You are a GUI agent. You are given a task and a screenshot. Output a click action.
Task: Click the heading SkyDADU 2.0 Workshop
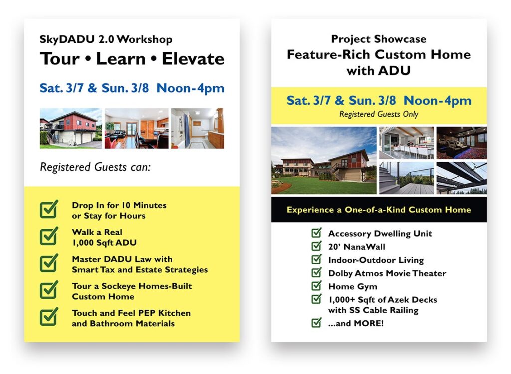coord(106,39)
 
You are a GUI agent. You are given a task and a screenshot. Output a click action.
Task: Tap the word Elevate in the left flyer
coord(193,59)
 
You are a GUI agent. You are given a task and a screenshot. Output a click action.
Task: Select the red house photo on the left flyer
coord(70,128)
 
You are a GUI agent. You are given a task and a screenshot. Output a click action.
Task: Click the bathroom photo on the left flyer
coord(197,128)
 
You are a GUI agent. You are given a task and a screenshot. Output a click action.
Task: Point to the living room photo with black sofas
coord(136,128)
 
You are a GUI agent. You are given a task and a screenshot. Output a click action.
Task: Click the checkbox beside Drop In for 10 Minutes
coord(49,209)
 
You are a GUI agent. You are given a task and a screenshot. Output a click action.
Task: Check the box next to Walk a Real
coord(49,236)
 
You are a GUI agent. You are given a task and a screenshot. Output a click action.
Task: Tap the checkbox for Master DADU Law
coord(49,263)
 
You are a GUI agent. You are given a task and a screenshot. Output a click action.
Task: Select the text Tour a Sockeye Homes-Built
coord(132,286)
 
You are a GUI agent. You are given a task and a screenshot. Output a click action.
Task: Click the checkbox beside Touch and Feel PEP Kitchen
coord(49,317)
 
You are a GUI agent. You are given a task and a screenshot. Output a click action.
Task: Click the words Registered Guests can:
coord(95,167)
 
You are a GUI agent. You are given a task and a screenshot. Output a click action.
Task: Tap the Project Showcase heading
coord(378,39)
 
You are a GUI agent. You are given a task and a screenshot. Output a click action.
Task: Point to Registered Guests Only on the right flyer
coord(378,114)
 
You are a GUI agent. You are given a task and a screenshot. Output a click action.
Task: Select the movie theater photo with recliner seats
coord(461,142)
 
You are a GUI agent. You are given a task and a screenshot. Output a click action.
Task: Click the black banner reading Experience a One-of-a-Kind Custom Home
coord(378,209)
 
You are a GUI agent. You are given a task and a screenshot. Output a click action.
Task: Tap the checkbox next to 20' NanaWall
coord(316,246)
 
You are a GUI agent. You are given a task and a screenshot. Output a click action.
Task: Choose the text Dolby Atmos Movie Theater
coord(387,273)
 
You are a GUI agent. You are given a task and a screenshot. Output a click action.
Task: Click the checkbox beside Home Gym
coord(316,286)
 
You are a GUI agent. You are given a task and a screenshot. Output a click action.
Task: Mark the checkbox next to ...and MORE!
coord(316,323)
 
